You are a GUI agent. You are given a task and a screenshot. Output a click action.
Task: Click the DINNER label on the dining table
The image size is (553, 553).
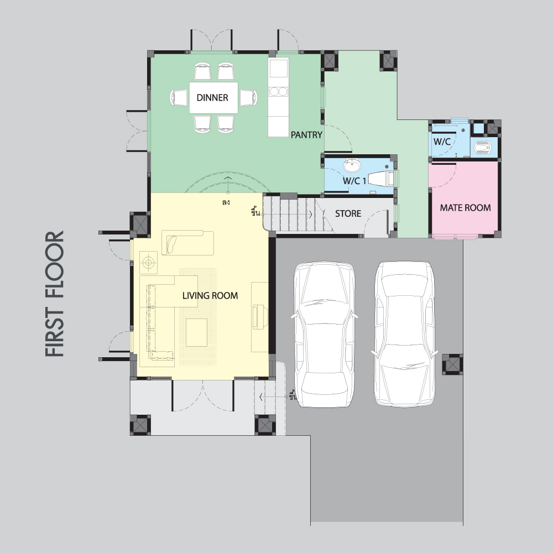212,98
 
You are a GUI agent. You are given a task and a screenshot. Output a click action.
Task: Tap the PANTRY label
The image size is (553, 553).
306,135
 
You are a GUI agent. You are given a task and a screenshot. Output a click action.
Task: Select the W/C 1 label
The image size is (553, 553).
354,181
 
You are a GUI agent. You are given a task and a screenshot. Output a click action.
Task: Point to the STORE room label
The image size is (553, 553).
348,213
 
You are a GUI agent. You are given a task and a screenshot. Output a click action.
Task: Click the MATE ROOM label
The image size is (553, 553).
465,208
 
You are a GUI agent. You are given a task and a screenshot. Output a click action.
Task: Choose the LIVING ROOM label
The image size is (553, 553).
210,295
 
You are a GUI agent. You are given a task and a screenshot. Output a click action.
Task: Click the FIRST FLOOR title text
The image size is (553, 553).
55,294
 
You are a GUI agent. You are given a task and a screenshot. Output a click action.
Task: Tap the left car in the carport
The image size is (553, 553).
325,335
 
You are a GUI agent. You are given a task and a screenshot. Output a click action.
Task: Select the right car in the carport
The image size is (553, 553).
405,333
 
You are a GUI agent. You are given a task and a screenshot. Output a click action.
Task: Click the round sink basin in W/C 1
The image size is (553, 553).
352,165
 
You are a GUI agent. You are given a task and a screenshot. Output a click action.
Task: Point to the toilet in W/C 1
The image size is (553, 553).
381,179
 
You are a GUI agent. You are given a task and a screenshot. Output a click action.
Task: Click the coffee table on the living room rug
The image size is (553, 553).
196,332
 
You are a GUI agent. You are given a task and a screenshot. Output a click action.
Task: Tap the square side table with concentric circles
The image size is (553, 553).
148,262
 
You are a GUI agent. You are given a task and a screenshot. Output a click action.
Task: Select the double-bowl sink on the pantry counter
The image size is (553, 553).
278,92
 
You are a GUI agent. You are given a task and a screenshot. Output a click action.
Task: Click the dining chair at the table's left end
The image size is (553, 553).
179,98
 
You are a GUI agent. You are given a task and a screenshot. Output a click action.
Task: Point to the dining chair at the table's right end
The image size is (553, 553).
248,98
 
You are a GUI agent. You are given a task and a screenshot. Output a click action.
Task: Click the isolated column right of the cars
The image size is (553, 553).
452,364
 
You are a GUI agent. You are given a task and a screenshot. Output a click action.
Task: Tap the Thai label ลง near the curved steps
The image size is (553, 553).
226,202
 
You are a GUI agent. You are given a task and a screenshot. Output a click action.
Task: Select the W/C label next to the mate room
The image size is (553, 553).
442,142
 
